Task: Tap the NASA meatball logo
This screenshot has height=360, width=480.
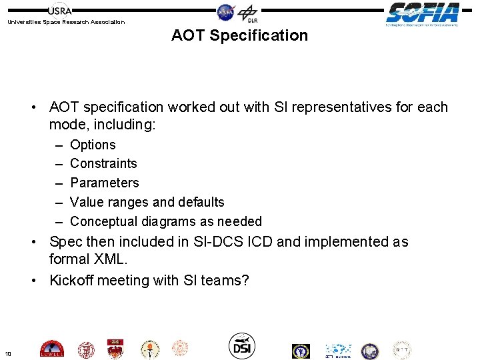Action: coord(226,11)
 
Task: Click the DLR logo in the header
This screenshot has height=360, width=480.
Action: coord(249,13)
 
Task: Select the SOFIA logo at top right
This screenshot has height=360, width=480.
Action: coord(423,13)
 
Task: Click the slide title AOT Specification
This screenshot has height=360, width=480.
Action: coord(239,35)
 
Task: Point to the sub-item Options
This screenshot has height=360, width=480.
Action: coord(93,145)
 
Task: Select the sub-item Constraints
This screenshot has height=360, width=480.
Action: coord(103,163)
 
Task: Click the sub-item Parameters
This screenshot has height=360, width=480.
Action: coord(105,183)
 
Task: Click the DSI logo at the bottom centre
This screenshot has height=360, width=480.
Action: coord(242,345)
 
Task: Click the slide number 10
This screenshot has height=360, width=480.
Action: coord(7,353)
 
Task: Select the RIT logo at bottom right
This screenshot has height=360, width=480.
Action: coord(401,350)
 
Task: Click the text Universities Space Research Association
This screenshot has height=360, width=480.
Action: coord(65,22)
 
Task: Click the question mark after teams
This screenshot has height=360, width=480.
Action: coord(245,281)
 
